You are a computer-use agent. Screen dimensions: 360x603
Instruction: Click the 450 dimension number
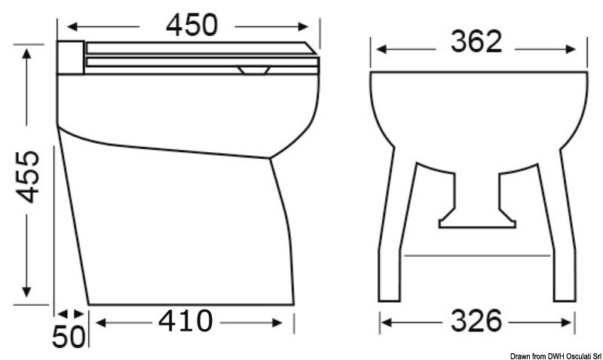point(191,24)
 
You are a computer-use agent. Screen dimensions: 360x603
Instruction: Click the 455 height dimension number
point(28,176)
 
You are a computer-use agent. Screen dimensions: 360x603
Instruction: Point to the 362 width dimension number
point(476,42)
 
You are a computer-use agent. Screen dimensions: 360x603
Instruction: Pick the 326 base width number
point(476,322)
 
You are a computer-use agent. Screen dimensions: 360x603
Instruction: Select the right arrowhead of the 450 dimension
point(316,24)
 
